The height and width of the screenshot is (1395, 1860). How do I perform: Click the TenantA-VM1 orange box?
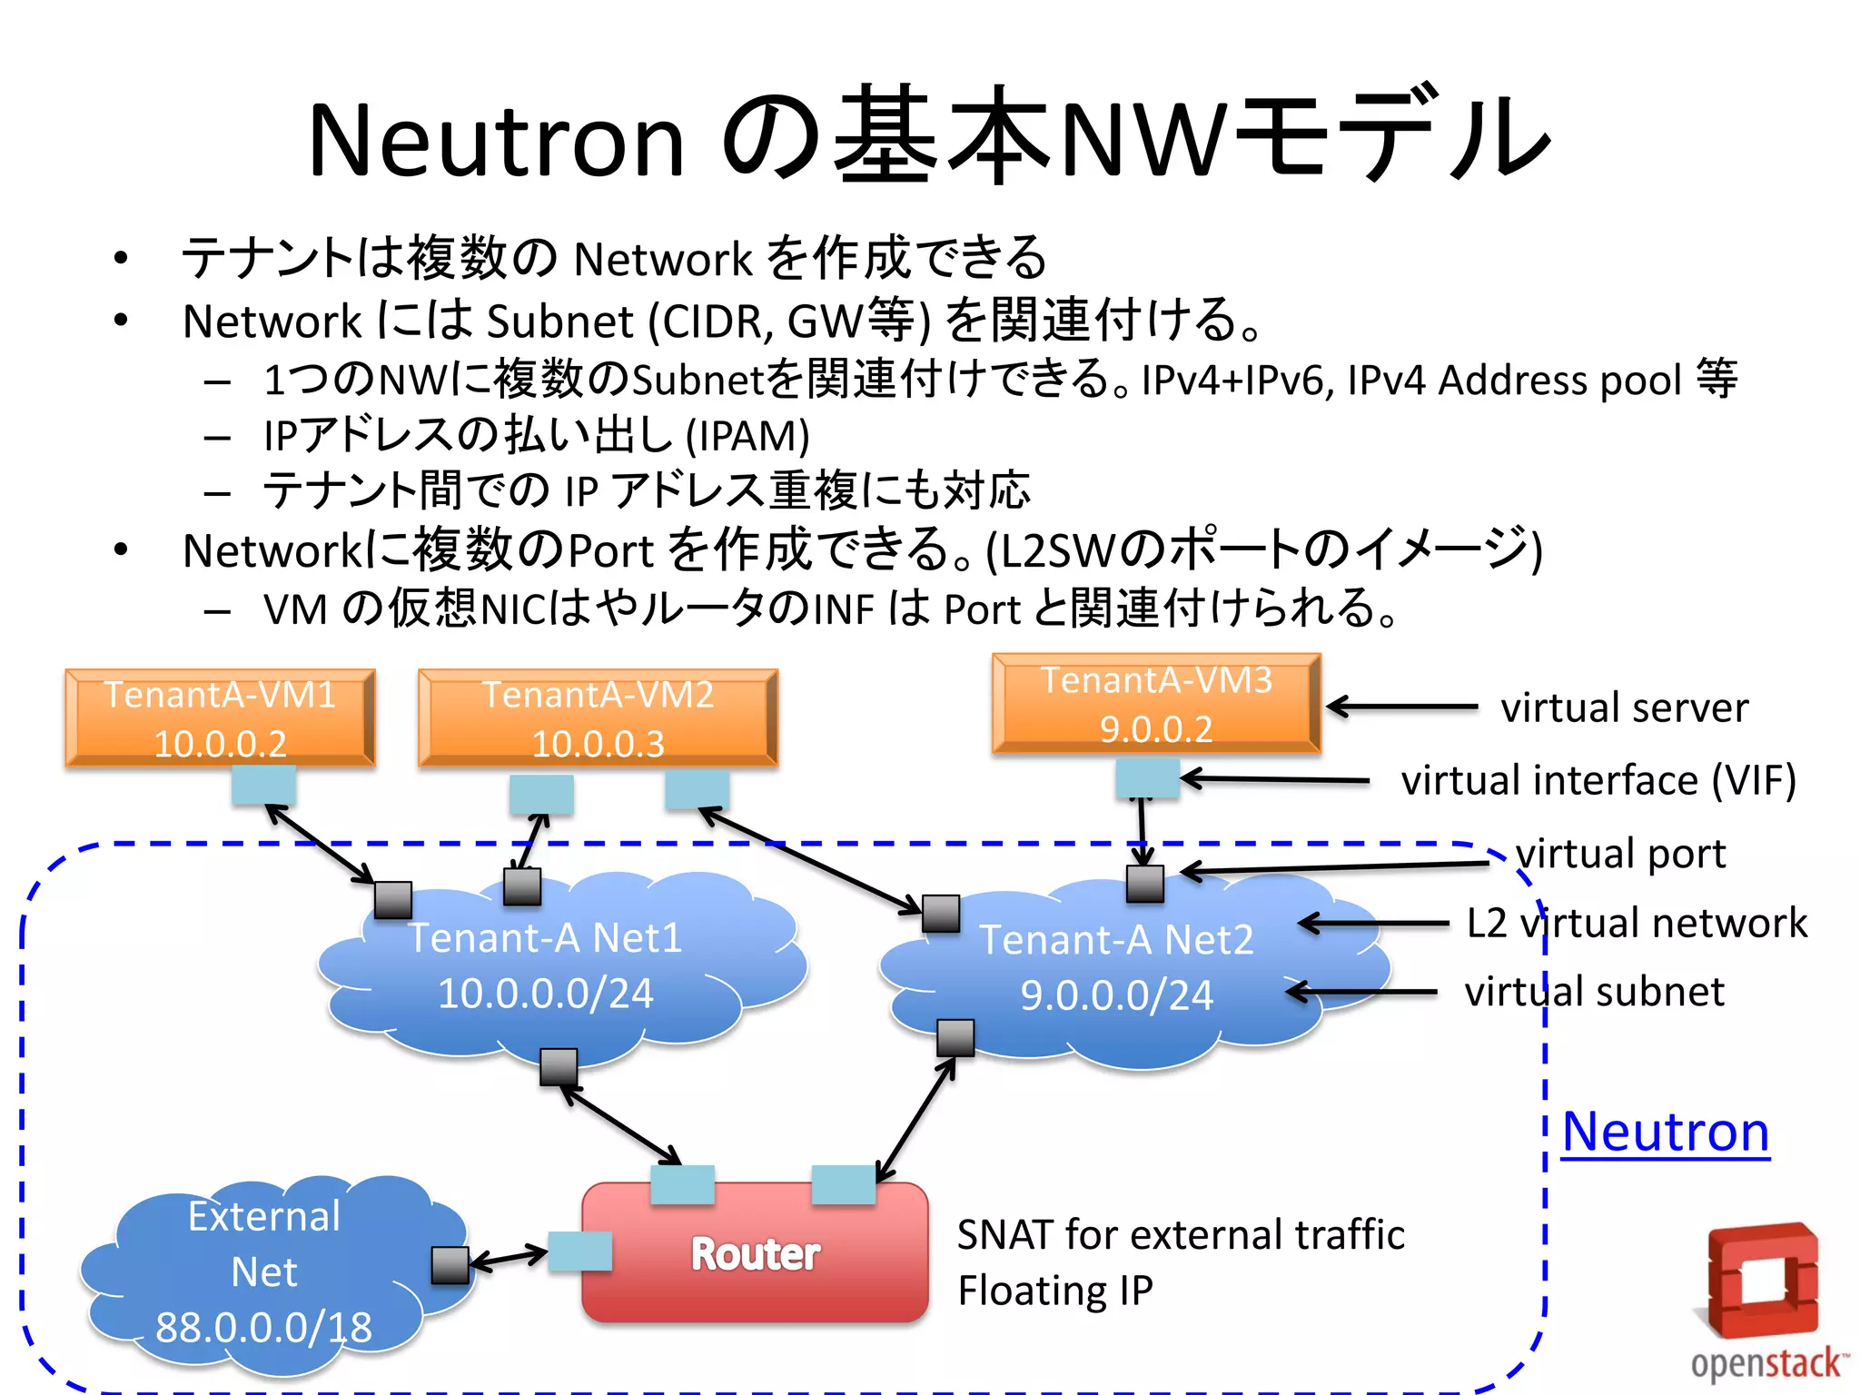coord(220,718)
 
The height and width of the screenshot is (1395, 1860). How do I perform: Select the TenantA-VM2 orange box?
coord(598,718)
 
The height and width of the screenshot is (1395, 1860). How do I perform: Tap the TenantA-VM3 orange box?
coord(1156,704)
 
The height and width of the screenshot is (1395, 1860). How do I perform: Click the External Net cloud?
coord(263,1271)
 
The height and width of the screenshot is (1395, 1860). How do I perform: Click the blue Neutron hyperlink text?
coord(1665,1132)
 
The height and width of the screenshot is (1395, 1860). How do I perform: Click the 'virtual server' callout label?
coord(1624,707)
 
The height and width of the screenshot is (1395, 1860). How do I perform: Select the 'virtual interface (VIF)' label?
coord(1598,780)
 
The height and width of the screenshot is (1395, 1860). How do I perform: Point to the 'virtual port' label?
coord(1620,854)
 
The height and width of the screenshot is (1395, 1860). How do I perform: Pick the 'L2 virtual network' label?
coord(1637,923)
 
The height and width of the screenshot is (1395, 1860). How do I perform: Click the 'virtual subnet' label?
coord(1594,992)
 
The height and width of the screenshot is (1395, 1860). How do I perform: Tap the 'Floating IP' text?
coord(1055,1291)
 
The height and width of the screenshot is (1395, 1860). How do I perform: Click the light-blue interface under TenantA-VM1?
coord(263,785)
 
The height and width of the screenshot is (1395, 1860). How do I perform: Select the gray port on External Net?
coord(450,1265)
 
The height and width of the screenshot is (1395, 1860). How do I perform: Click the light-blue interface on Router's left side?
coord(579,1252)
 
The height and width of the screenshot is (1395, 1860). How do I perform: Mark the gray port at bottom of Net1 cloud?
coord(559,1067)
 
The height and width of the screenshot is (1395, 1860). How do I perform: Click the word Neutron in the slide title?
coord(496,141)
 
